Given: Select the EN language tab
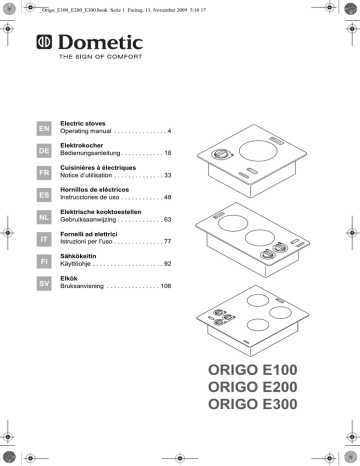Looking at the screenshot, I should [x=43, y=127].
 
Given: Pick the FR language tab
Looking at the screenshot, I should [x=43, y=172].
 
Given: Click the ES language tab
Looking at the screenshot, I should [x=43, y=194].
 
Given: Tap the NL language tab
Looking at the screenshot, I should [x=43, y=217].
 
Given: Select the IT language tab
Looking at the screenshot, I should [x=43, y=240].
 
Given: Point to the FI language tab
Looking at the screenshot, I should [x=43, y=262].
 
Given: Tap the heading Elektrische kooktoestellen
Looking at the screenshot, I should [x=111, y=212].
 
